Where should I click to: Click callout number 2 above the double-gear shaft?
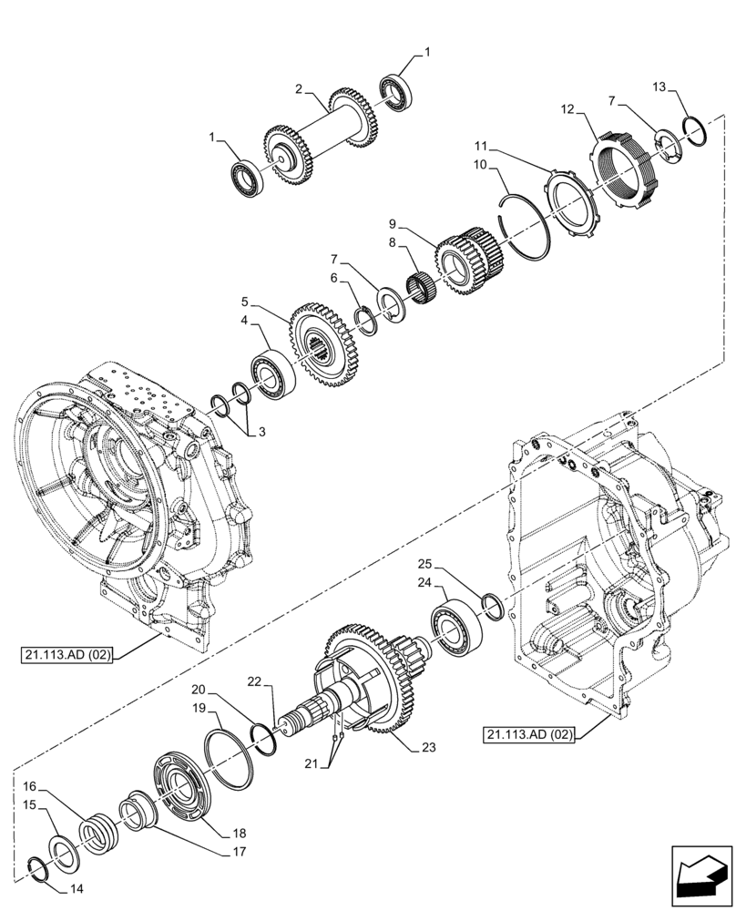coord(298,88)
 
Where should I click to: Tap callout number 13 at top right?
coord(658,87)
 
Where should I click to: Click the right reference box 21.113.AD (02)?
coord(529,734)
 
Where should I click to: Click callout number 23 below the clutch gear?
coord(428,748)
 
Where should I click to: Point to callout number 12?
coord(567,109)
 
